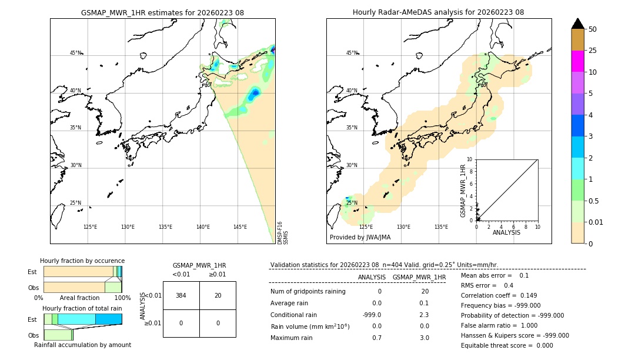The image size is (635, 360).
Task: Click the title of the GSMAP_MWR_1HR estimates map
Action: (162, 12)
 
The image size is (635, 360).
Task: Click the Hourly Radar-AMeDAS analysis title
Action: (438, 12)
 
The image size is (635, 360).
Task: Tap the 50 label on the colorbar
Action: (593, 29)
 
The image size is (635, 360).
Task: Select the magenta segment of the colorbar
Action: (577, 61)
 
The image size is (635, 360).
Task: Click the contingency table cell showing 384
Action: (181, 295)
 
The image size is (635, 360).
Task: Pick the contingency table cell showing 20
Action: (218, 295)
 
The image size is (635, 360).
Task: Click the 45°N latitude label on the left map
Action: (75, 53)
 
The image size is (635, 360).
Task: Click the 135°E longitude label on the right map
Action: (441, 227)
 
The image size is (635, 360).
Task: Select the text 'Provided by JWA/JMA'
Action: (360, 238)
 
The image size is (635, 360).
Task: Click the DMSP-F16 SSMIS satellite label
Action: (283, 232)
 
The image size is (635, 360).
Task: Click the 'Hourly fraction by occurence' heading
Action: (82, 261)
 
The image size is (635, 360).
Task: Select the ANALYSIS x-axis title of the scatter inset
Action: (506, 232)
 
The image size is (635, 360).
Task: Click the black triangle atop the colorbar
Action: (577, 24)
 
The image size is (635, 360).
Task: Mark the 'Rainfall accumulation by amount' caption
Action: (82, 345)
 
